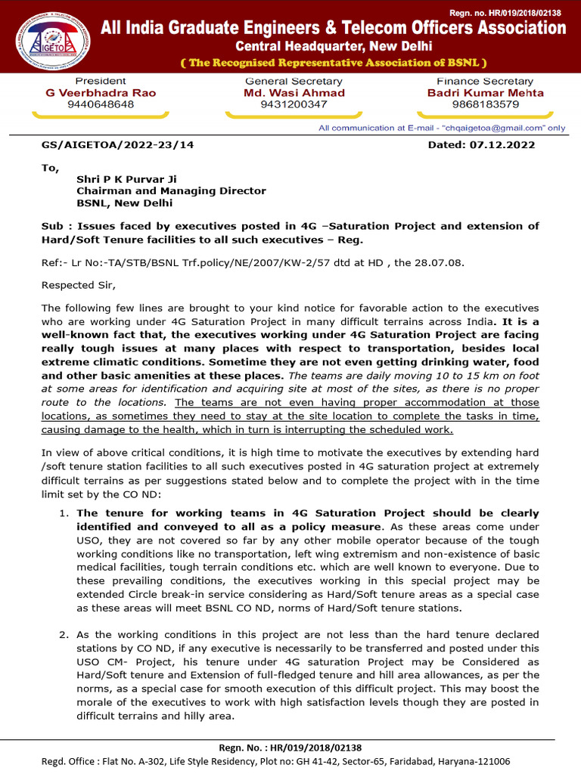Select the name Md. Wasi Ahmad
click(294, 93)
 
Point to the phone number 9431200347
click(294, 104)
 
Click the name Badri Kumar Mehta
click(485, 93)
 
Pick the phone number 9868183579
click(485, 104)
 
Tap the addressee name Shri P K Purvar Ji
click(126, 179)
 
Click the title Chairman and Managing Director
click(171, 191)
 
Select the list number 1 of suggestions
click(64, 513)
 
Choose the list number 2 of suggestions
click(64, 635)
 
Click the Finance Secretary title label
click(485, 81)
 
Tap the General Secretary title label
click(294, 81)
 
